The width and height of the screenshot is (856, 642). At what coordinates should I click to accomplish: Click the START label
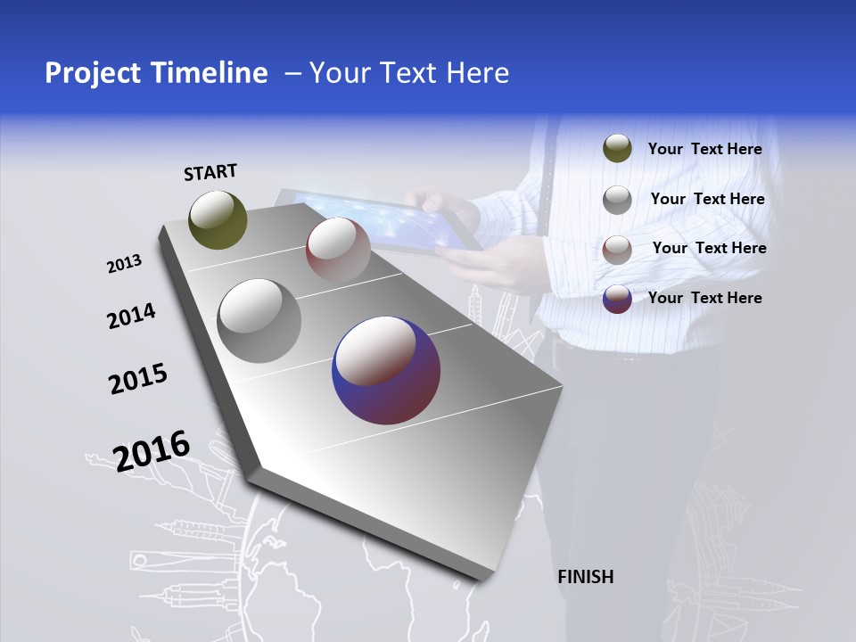210,172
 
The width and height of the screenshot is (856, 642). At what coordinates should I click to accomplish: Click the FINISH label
585,577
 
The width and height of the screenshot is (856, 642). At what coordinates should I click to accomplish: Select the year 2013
124,264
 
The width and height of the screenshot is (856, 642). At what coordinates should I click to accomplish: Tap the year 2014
131,316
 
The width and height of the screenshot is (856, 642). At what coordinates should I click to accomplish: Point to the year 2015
138,378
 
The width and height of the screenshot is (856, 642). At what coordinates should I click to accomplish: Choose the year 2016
152,450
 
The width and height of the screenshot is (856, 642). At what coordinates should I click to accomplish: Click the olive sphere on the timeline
218,219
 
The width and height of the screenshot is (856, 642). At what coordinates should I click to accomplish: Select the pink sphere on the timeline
337,249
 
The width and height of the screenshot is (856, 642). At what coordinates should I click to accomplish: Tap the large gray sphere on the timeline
259,320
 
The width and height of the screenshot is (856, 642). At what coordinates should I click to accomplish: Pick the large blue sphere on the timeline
386,371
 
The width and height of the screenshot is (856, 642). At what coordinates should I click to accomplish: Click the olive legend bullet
617,149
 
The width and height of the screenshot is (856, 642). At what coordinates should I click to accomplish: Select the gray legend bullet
617,199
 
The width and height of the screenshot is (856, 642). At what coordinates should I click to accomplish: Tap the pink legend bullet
617,249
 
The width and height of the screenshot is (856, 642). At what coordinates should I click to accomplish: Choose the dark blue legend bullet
617,299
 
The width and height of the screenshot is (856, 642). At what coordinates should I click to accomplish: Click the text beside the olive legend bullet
704,149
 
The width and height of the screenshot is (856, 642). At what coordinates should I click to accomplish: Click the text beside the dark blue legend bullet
704,298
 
